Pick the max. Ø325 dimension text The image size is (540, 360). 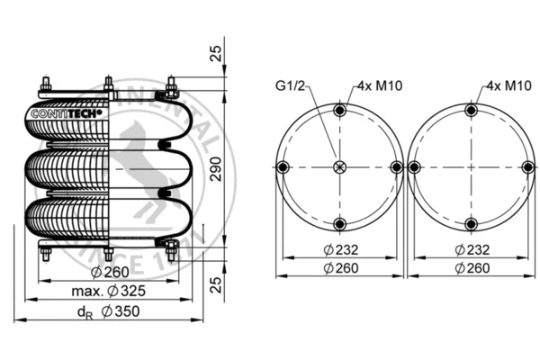[x=107, y=291]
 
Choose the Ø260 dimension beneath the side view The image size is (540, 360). [x=111, y=273]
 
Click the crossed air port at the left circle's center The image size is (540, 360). [x=339, y=167]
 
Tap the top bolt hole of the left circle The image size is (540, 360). [x=339, y=111]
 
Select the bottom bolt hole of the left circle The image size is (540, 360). [x=339, y=224]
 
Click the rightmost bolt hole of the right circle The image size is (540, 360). [x=528, y=167]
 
